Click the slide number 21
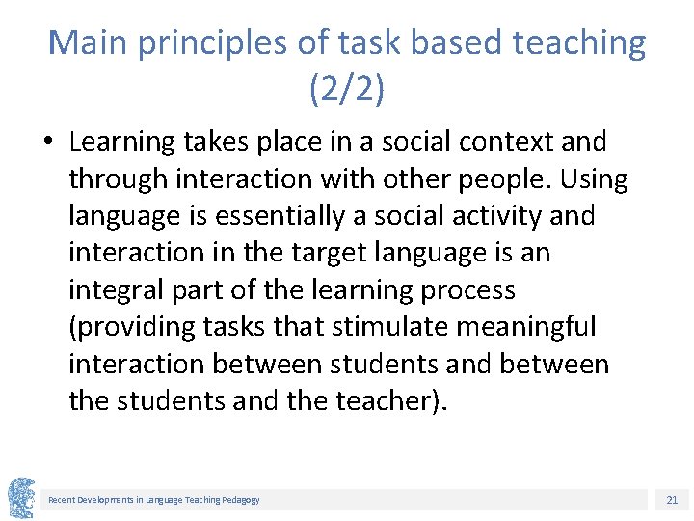click(x=672, y=500)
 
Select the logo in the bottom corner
click(x=20, y=498)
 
